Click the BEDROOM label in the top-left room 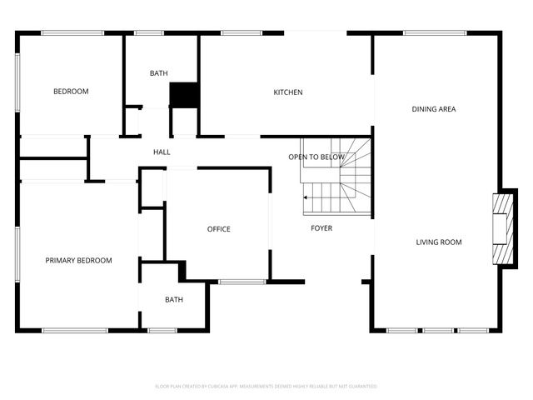point(71,92)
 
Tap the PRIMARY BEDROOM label point(78,261)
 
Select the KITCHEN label point(288,92)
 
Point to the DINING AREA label point(434,109)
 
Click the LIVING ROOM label point(439,242)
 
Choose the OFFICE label point(219,229)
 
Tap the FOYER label point(321,228)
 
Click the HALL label point(162,152)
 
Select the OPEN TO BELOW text point(316,157)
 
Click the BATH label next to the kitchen point(159,73)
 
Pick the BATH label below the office point(174,300)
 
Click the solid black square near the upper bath point(182,94)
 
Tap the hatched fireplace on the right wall point(502,229)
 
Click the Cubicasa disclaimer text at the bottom point(266,387)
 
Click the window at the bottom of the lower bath point(162,331)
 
